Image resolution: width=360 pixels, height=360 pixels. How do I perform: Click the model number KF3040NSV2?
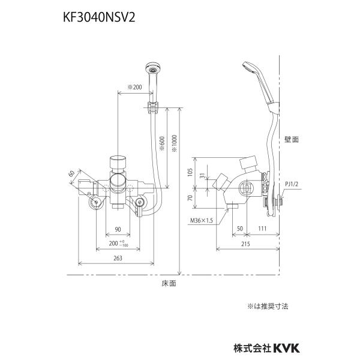[99, 17]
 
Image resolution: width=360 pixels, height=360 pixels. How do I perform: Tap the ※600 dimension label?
[162, 144]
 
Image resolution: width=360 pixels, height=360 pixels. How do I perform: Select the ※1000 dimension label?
[174, 143]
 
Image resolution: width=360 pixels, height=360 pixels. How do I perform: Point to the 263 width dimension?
[118, 258]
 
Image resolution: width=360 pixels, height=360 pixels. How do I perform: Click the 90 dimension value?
[118, 229]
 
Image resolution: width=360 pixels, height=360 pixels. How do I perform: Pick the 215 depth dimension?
[245, 244]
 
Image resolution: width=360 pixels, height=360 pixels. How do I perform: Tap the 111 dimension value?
[262, 229]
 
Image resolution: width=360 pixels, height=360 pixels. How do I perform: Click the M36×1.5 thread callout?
[202, 221]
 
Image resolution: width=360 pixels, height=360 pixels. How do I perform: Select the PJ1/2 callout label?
[292, 184]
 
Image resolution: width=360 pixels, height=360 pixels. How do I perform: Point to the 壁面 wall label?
[292, 139]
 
